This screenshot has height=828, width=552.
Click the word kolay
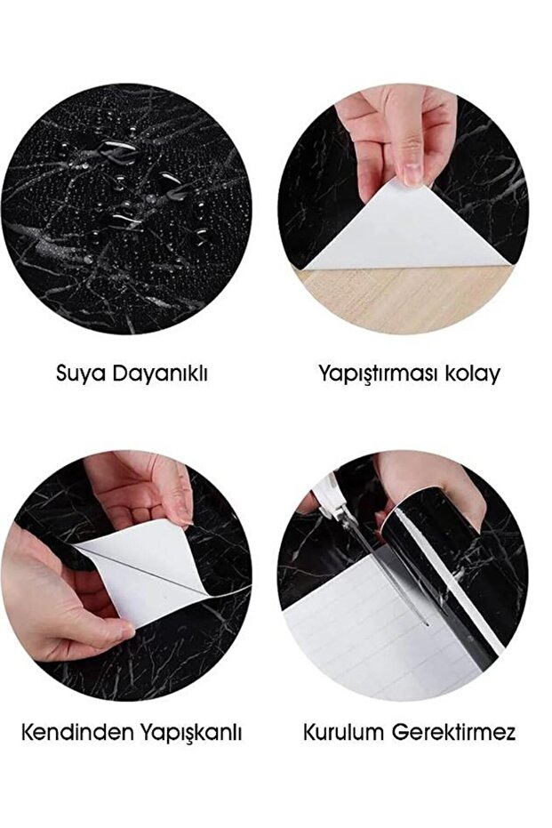[472, 374]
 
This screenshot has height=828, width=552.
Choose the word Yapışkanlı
[191, 734]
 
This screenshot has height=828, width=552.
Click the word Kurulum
[343, 733]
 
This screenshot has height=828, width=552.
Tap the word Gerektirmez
[454, 733]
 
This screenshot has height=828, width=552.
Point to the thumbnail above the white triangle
[411, 173]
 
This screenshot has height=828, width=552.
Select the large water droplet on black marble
[120, 151]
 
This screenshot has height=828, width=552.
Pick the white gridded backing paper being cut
[370, 633]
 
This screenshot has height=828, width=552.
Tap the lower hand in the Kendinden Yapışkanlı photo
[58, 597]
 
